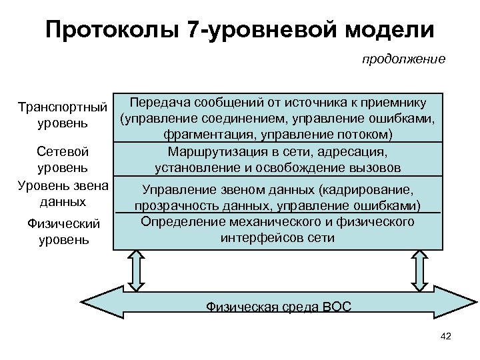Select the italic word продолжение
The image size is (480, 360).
tap(403, 60)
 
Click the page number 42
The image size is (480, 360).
tap(446, 336)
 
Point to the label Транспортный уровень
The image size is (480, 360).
tap(63, 115)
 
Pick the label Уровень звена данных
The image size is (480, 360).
tap(63, 191)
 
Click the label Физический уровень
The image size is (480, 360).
tap(63, 230)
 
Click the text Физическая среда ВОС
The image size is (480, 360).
tap(279, 307)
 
